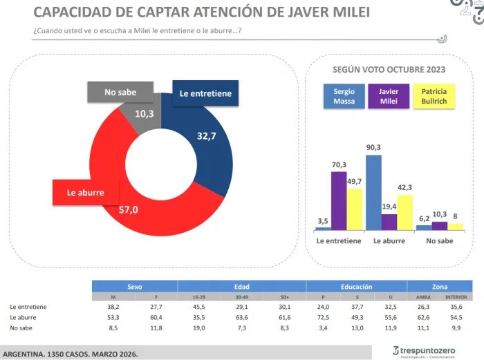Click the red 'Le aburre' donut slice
(x=138, y=214)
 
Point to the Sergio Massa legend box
(x=344, y=96)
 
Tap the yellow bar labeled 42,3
(x=405, y=212)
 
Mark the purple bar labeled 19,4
(x=389, y=222)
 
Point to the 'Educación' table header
(x=356, y=286)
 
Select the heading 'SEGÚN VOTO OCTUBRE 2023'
(x=389, y=70)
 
